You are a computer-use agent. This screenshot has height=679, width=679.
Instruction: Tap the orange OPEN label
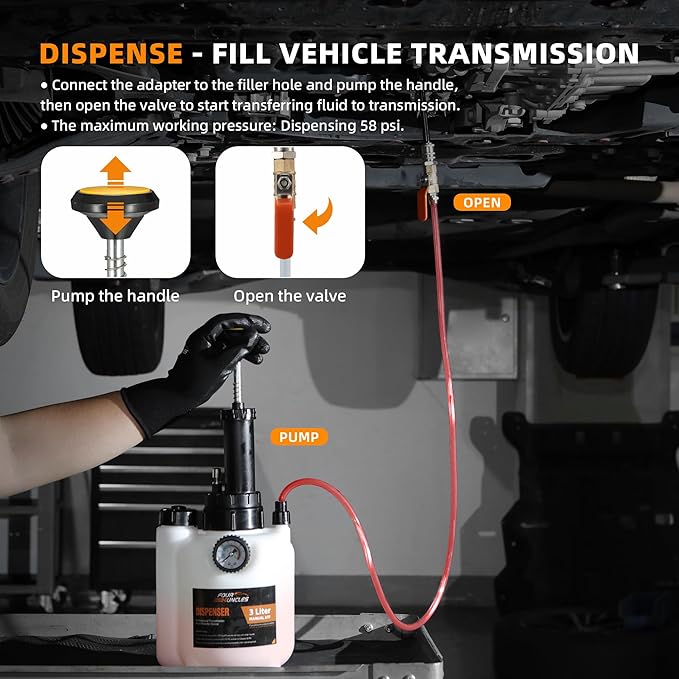(482, 202)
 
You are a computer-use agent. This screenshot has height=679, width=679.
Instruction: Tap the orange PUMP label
(298, 437)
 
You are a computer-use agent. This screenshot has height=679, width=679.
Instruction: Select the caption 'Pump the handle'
(115, 296)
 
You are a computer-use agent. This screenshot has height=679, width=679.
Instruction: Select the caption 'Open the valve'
(289, 296)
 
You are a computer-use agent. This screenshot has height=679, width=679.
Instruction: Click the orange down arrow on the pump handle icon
(116, 213)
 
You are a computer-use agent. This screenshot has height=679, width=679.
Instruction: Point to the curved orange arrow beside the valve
(320, 215)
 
